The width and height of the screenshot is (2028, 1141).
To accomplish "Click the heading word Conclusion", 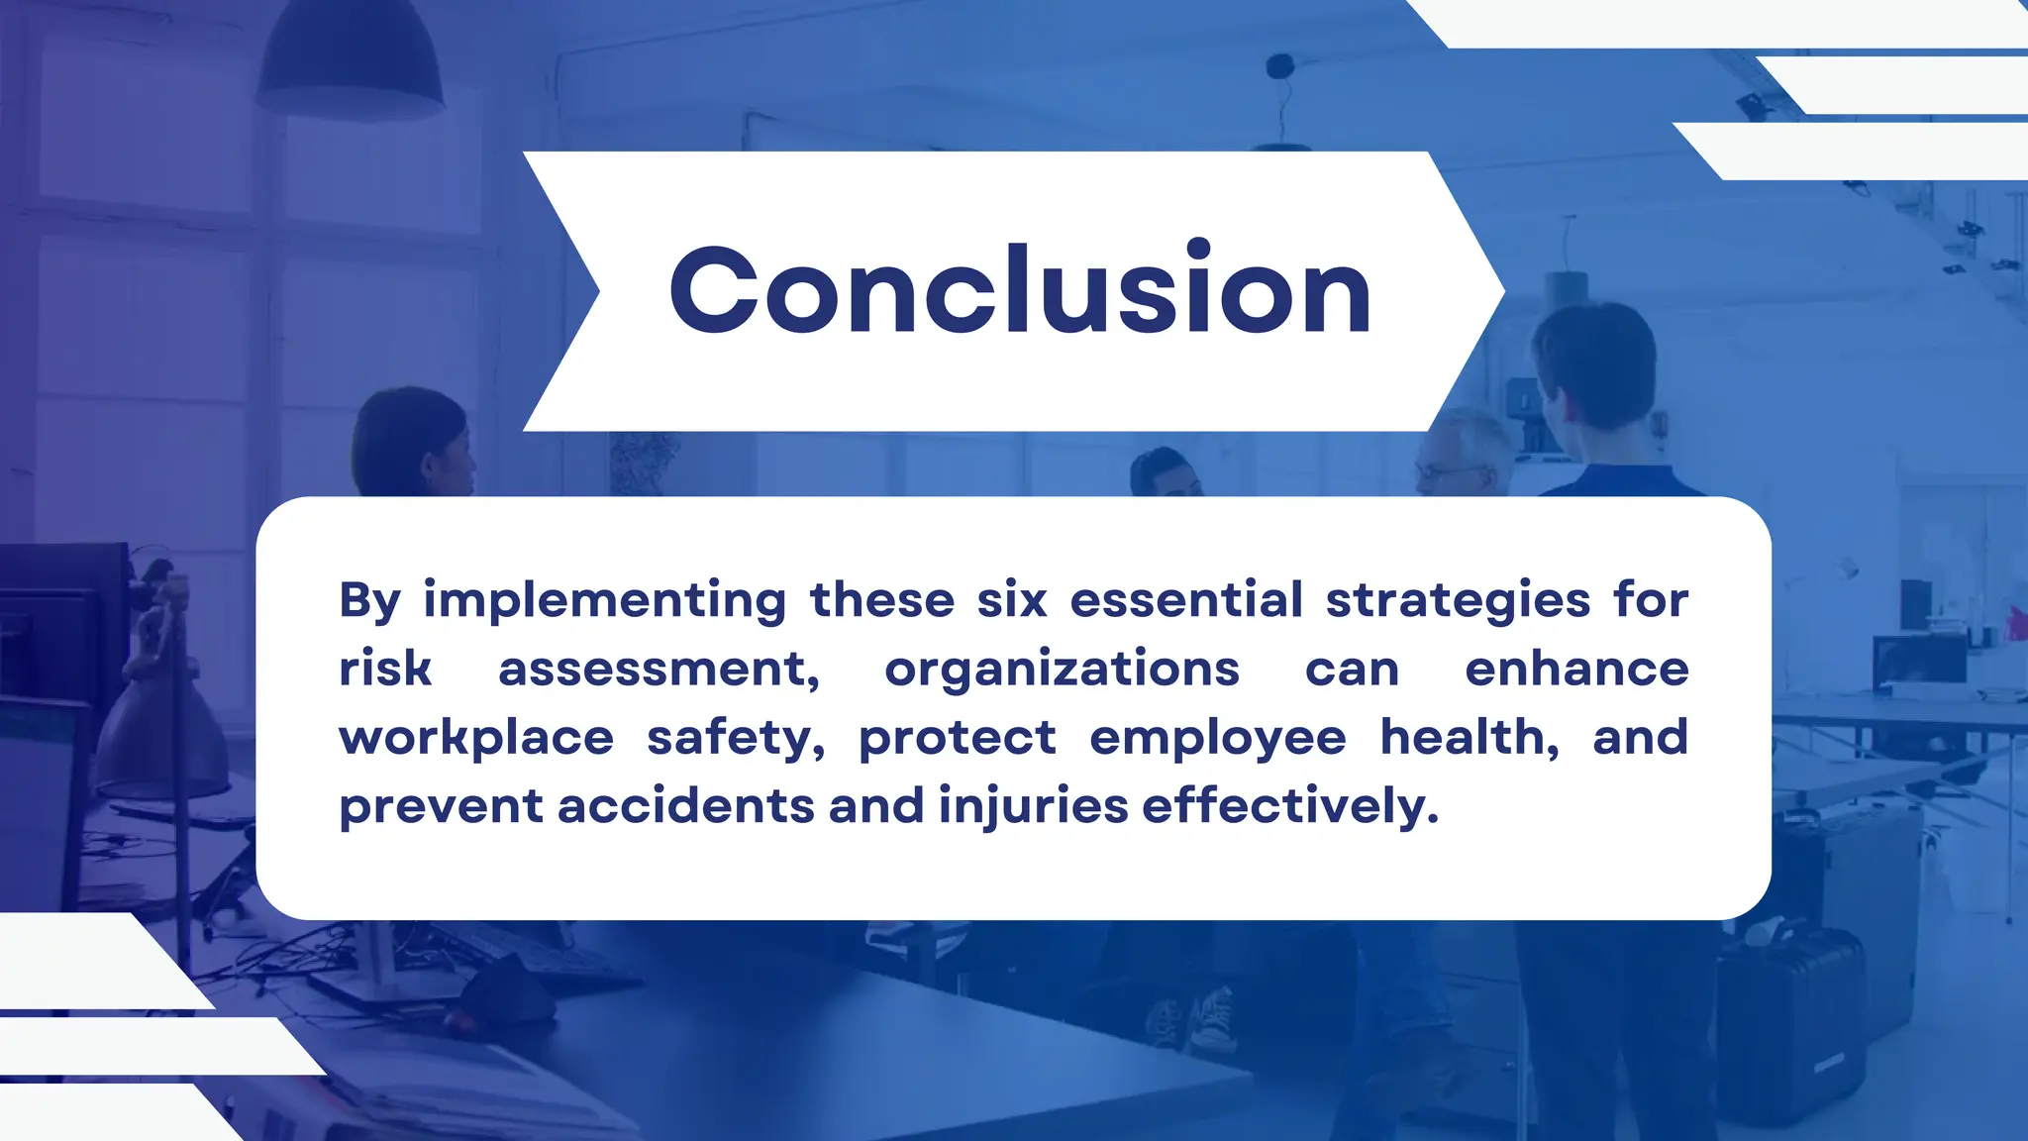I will tap(1020, 290).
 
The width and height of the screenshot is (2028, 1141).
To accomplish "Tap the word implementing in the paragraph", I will tap(604, 601).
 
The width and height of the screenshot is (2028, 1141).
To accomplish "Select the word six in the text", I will tap(1011, 600).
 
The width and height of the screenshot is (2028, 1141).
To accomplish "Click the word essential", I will tap(1185, 600).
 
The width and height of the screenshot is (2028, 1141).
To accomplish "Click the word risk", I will tap(384, 669).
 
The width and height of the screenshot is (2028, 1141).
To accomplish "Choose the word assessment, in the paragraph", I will tap(659, 670).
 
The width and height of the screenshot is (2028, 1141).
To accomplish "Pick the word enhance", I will tap(1575, 669).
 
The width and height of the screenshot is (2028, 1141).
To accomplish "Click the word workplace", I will tap(476, 738).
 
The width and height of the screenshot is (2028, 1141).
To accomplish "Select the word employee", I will tap(1217, 739).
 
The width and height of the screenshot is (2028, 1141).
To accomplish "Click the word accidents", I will tap(685, 805).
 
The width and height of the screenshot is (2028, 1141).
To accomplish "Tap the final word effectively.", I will tap(1289, 805).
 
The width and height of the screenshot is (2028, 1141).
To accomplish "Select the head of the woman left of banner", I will tap(411, 443).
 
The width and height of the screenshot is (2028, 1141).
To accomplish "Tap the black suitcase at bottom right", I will tap(1792, 1030).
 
